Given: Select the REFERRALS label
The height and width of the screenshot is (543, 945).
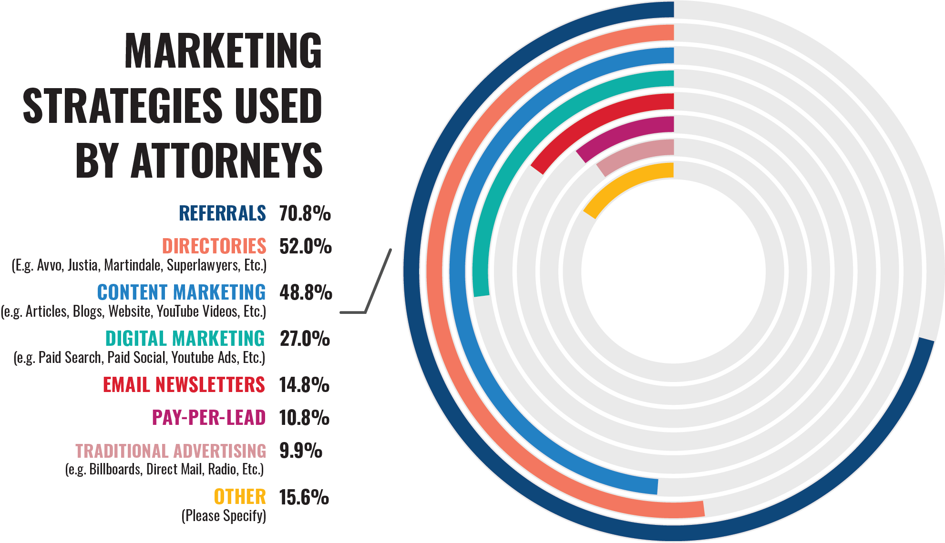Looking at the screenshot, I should coord(222,213).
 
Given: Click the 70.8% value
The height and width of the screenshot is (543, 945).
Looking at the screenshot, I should coord(305,213).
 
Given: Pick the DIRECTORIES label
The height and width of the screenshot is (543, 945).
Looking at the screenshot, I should coord(214,246).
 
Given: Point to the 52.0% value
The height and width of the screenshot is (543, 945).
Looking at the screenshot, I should coord(305,246).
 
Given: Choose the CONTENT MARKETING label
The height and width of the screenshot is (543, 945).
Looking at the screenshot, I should coord(181,292).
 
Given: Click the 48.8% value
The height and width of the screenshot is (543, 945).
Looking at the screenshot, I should coord(306,292).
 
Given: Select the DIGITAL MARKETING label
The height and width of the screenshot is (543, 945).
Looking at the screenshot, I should coord(185,339).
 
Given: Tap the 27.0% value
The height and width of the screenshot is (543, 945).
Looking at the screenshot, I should coord(305,339).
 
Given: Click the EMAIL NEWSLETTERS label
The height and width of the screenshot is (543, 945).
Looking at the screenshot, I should coord(184,385).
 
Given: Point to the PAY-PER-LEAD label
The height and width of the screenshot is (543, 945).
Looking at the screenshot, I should coord(208,418).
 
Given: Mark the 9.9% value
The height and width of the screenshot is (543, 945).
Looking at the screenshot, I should coord(301,451).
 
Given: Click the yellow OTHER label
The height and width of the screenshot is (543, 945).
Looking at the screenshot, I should coord(240,497).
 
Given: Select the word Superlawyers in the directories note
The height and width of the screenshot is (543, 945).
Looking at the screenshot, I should coord(203,265).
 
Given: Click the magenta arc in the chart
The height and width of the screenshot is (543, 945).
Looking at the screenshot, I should coord(625,132).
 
